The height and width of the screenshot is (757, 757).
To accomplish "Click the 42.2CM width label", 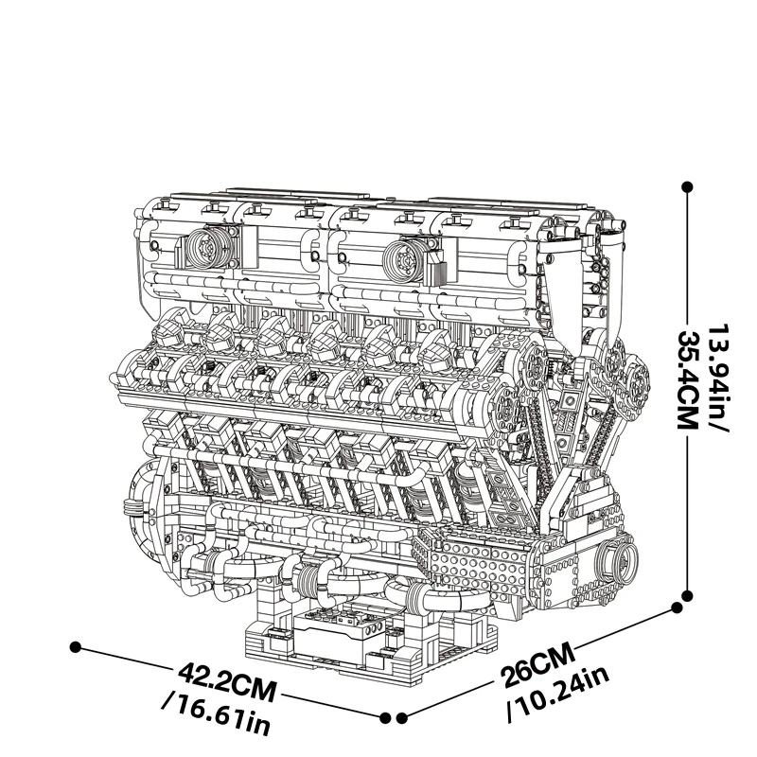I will (x=228, y=682).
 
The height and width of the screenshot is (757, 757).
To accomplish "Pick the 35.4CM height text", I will (x=689, y=379).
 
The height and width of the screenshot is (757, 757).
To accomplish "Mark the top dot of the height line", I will (x=688, y=187).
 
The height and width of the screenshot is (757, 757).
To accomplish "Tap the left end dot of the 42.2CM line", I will (x=75, y=647).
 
